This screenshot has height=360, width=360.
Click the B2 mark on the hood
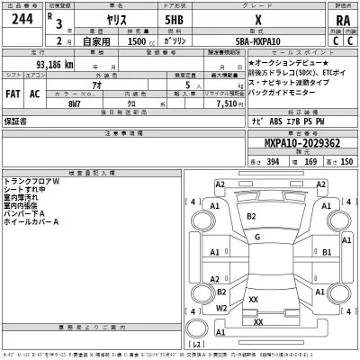[251, 216]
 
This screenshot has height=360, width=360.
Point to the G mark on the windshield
[258, 237]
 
